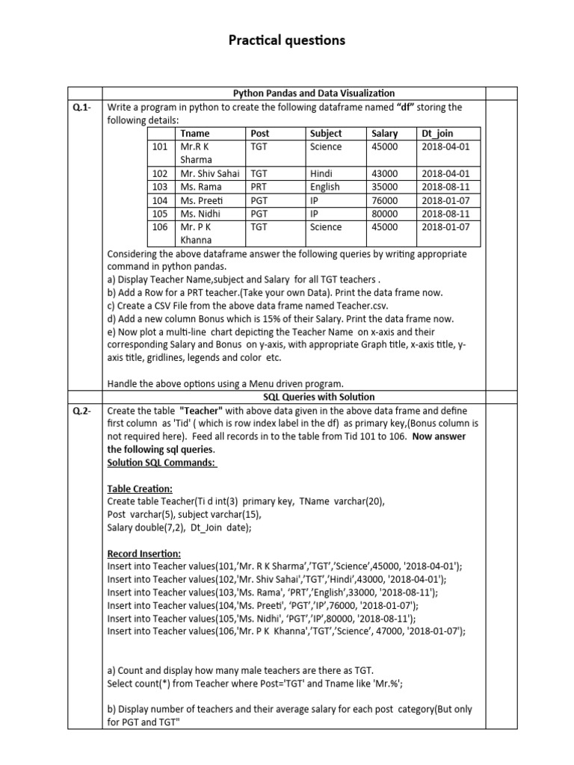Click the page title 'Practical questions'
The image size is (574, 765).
[287, 40]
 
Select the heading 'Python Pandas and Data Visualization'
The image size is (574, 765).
[314, 93]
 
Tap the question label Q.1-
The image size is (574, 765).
[81, 108]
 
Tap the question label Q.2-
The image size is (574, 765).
[81, 412]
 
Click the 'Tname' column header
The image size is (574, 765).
[195, 134]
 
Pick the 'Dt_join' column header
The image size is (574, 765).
[437, 134]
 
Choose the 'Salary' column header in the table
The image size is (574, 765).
[384, 134]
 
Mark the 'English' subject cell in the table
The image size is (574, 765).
[324, 187]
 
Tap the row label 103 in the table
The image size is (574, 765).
[160, 187]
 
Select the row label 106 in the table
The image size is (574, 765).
[160, 227]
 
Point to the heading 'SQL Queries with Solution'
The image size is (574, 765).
[319, 397]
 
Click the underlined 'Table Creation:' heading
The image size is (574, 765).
[140, 489]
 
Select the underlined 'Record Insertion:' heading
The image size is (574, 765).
[143, 554]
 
